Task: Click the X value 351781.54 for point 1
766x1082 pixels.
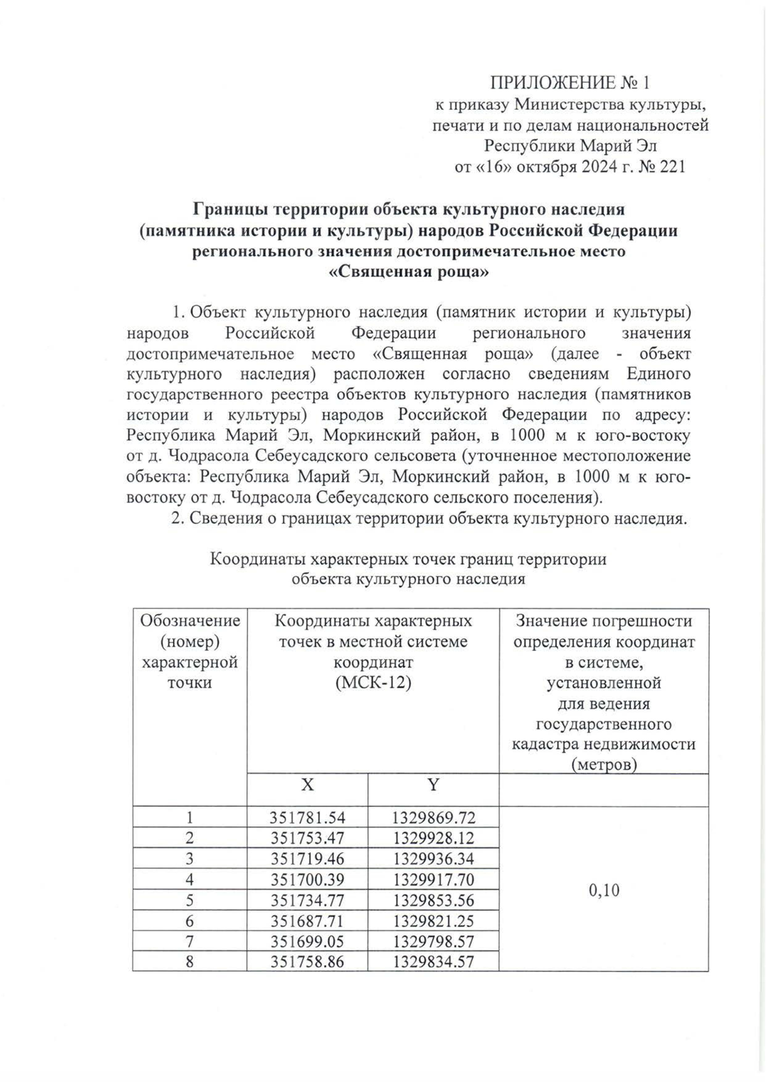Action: tap(308, 817)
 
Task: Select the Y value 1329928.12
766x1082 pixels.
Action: tap(434, 838)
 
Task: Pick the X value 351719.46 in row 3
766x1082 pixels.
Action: tap(308, 859)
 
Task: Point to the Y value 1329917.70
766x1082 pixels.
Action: tap(434, 880)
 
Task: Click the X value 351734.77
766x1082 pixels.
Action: tap(308, 900)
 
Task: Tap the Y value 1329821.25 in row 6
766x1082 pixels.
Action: tap(434, 921)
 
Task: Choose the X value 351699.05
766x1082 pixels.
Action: tap(308, 942)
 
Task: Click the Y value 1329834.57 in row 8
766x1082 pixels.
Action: tap(434, 962)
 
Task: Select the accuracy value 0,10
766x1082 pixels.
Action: tap(604, 890)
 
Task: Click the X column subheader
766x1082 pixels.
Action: tap(308, 785)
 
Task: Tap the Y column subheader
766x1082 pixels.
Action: tap(433, 785)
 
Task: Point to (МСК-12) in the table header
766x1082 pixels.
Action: tap(373, 682)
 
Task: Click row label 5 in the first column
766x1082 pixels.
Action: tap(190, 900)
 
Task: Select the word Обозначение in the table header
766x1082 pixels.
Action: tap(190, 620)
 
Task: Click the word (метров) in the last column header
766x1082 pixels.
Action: tap(604, 764)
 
